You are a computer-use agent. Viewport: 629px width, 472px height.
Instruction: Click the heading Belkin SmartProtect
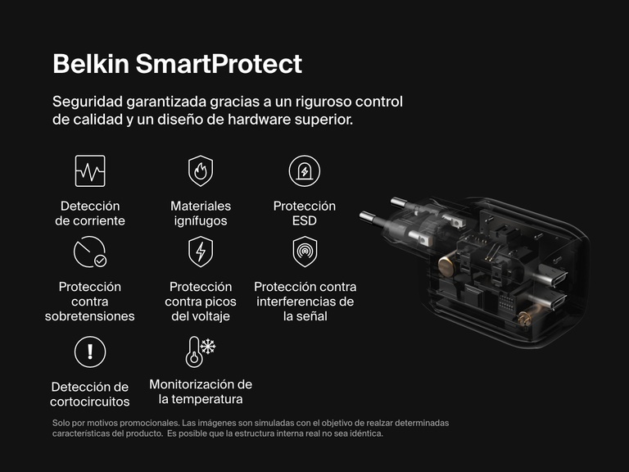pyautogui.click(x=177, y=64)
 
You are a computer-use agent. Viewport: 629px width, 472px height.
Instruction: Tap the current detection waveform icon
pyautogui.click(x=90, y=170)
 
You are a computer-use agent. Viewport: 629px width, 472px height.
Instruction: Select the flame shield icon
pyautogui.click(x=201, y=170)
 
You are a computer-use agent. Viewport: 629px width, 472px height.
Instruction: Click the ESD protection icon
pyautogui.click(x=305, y=170)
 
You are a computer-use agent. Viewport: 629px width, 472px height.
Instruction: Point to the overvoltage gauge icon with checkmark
pyautogui.click(x=90, y=252)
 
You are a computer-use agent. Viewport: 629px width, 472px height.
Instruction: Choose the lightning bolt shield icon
pyautogui.click(x=201, y=252)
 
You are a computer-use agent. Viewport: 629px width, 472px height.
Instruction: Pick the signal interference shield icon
pyautogui.click(x=305, y=252)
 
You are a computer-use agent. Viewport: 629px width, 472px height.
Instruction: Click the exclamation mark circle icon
pyautogui.click(x=90, y=352)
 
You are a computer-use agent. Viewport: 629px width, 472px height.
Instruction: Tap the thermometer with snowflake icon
pyautogui.click(x=200, y=351)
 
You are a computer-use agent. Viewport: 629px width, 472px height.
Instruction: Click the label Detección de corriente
pyautogui.click(x=90, y=214)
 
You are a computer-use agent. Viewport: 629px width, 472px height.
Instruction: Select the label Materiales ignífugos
pyautogui.click(x=201, y=214)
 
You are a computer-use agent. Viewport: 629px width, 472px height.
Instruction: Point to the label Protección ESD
pyautogui.click(x=305, y=214)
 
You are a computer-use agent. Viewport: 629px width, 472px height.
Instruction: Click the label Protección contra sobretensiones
pyautogui.click(x=90, y=302)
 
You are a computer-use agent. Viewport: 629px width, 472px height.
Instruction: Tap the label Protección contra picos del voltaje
pyautogui.click(x=201, y=302)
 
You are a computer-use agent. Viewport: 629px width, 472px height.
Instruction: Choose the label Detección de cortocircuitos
pyautogui.click(x=90, y=394)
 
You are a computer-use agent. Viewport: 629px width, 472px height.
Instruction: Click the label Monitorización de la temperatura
pyautogui.click(x=201, y=392)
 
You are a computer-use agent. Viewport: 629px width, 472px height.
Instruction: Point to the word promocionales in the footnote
pyautogui.click(x=131, y=423)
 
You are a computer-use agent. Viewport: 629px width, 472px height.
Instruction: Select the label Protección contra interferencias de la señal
pyautogui.click(x=305, y=302)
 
